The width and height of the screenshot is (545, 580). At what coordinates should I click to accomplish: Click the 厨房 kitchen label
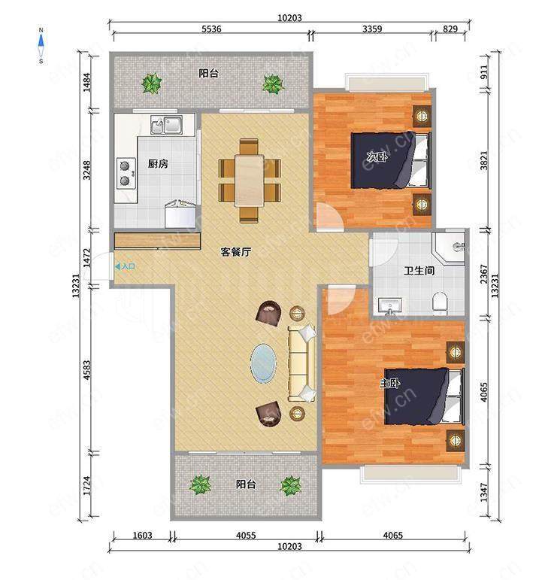pos(158,163)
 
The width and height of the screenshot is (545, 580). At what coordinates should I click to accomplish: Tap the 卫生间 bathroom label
pos(419,271)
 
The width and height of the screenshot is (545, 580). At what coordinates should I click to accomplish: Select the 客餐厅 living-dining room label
pos(236,252)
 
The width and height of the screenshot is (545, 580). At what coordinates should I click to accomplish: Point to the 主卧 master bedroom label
pos(389,384)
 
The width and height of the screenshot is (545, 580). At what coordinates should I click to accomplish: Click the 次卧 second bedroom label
pos(377,156)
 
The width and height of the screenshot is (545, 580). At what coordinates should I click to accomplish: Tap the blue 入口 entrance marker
pos(126,266)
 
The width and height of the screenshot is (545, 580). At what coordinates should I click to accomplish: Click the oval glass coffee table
pos(263,363)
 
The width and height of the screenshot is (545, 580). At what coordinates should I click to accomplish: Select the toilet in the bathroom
pos(440,302)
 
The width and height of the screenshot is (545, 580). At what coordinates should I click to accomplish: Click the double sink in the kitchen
pos(166,125)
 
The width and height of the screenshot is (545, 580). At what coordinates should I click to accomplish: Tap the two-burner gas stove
pos(126,173)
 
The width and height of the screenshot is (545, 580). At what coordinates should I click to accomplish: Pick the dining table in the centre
pos(250,181)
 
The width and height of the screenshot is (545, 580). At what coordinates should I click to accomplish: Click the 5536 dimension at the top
pos(211,29)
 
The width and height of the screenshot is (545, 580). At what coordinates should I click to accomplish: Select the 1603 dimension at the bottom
pos(142,536)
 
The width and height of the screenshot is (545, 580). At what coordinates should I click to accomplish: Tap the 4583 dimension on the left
pos(87,370)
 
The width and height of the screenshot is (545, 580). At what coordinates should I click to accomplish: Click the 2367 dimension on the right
pos(484,274)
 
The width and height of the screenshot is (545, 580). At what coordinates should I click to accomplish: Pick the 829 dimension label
pos(450,29)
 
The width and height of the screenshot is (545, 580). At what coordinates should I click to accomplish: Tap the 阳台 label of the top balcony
pos(208,73)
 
